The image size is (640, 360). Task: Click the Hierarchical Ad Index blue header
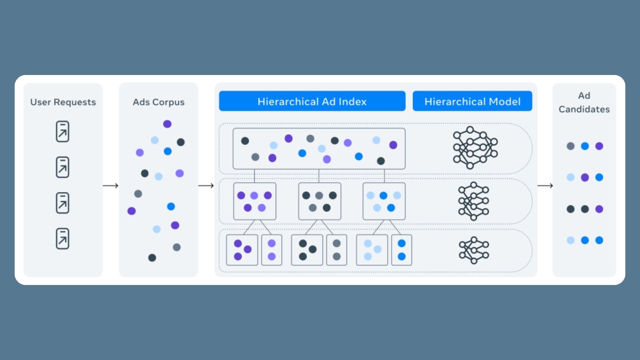tap(312, 101)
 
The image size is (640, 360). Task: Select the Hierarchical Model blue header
tap(472, 101)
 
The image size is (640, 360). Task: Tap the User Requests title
tap(63, 102)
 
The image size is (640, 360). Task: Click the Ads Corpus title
tap(158, 102)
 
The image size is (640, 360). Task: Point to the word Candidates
tap(584, 109)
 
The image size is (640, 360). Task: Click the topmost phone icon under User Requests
tap(62, 131)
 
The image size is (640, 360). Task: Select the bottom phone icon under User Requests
tap(62, 239)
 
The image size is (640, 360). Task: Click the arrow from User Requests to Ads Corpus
tap(111, 186)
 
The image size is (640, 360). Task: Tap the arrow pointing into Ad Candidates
tap(545, 186)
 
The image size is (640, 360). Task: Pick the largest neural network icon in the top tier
tap(475, 147)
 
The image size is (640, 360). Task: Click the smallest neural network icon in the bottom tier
tap(474, 250)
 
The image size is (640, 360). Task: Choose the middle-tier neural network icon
tap(473, 201)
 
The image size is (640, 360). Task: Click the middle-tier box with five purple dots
tap(255, 201)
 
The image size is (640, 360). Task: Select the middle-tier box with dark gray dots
tap(320, 201)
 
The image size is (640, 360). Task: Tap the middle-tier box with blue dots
tap(384, 201)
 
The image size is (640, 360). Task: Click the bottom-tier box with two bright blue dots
tap(402, 250)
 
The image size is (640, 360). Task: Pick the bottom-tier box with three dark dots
tap(307, 250)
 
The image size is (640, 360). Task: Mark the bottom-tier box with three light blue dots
tap(372, 250)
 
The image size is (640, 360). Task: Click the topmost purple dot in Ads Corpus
tap(167, 124)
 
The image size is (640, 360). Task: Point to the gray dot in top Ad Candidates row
tap(571, 146)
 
